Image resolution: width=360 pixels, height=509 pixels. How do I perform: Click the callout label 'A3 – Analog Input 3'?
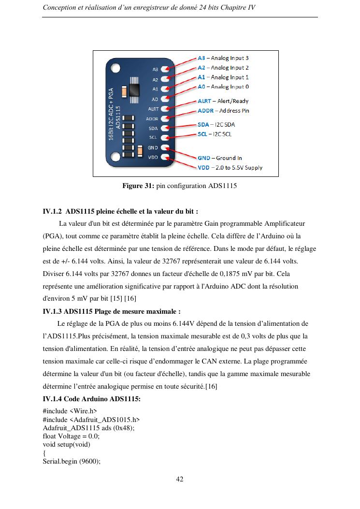coord(223,58)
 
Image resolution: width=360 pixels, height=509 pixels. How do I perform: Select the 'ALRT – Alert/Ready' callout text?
coord(223,101)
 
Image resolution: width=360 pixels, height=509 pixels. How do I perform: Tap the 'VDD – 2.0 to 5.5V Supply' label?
coord(230,168)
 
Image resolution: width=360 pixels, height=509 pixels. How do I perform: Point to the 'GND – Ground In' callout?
coord(220,158)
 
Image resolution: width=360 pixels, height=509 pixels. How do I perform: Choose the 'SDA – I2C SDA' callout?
coord(216,125)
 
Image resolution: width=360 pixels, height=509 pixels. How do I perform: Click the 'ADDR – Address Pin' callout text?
coord(223,111)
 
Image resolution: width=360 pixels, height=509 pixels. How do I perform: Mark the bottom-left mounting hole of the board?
coord(115,157)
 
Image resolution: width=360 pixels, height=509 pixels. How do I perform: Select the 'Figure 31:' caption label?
coord(138,186)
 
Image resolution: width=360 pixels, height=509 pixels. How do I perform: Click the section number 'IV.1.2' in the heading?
coord(52,211)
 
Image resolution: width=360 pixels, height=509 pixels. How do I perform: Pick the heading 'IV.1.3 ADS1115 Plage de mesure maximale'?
coord(112,311)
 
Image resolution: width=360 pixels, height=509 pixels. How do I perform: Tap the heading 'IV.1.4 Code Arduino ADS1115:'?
coord(92,399)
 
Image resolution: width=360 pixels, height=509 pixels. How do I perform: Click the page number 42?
coord(180,480)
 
